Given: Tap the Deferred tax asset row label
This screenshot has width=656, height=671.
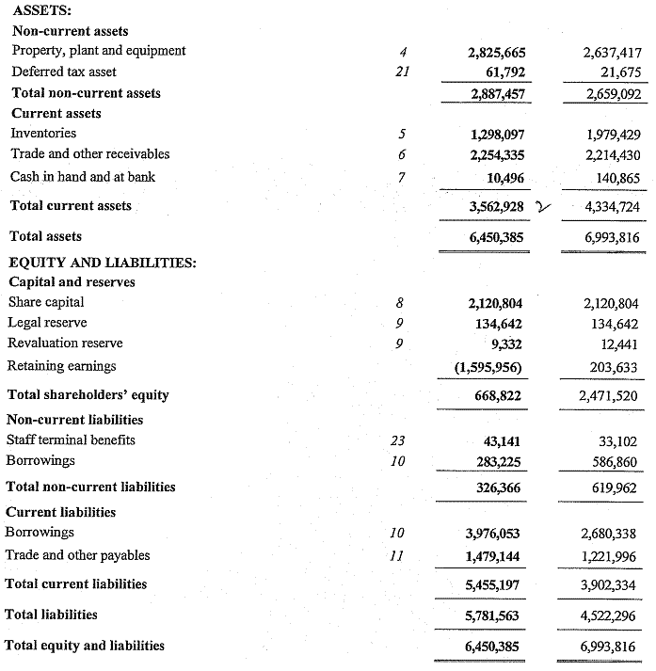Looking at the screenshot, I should click(x=63, y=72).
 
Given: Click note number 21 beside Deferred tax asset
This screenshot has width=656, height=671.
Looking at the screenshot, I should click(x=400, y=72).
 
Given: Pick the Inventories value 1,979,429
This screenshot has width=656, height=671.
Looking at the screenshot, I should click(x=612, y=135).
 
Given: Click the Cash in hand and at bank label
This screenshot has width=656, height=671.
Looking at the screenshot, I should click(x=83, y=176).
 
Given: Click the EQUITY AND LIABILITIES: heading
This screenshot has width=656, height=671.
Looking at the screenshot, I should click(x=103, y=262).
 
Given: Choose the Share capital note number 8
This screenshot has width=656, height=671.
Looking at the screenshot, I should click(x=400, y=303).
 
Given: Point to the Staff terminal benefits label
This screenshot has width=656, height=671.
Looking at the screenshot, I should click(x=71, y=439).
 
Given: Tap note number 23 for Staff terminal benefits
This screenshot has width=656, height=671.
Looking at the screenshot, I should click(x=399, y=440).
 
